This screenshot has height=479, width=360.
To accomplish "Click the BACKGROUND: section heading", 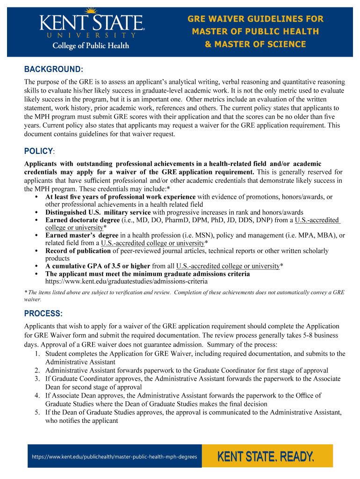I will coord(53,70).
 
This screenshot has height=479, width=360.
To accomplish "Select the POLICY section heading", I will coord(39,152).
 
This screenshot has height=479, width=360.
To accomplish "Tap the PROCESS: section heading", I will coord(43,313).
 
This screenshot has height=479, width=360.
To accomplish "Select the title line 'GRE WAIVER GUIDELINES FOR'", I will coord(255,19).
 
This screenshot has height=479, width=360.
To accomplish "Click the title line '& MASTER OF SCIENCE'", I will coord(255,44).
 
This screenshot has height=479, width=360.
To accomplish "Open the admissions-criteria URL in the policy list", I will coord(126,282).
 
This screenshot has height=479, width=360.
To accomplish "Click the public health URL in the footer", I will coord(115,457).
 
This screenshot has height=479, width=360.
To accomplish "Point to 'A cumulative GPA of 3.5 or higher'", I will coord(98,266).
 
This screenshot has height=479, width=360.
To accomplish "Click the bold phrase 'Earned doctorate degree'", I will coord(82,220).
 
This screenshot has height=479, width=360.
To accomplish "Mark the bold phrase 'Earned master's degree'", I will coord(82,236).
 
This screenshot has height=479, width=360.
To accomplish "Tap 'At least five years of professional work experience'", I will coord(121,197).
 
